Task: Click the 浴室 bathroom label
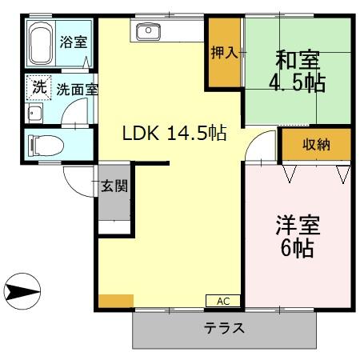click(x=74, y=42)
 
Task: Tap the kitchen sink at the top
click(x=149, y=32)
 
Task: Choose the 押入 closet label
click(x=224, y=54)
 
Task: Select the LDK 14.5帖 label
click(x=174, y=134)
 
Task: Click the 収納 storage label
click(x=316, y=145)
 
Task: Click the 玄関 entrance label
click(x=114, y=187)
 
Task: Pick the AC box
click(x=222, y=301)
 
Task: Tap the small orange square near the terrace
click(x=116, y=301)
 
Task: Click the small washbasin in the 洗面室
click(x=34, y=112)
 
